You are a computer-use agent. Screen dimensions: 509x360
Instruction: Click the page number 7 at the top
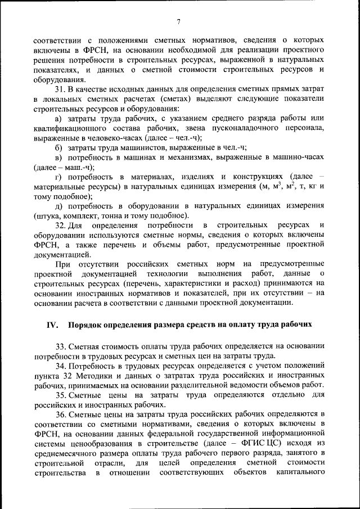tap(178, 22)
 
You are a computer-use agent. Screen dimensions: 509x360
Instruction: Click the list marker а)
tap(58, 118)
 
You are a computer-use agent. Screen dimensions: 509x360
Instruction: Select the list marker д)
tap(58, 206)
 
